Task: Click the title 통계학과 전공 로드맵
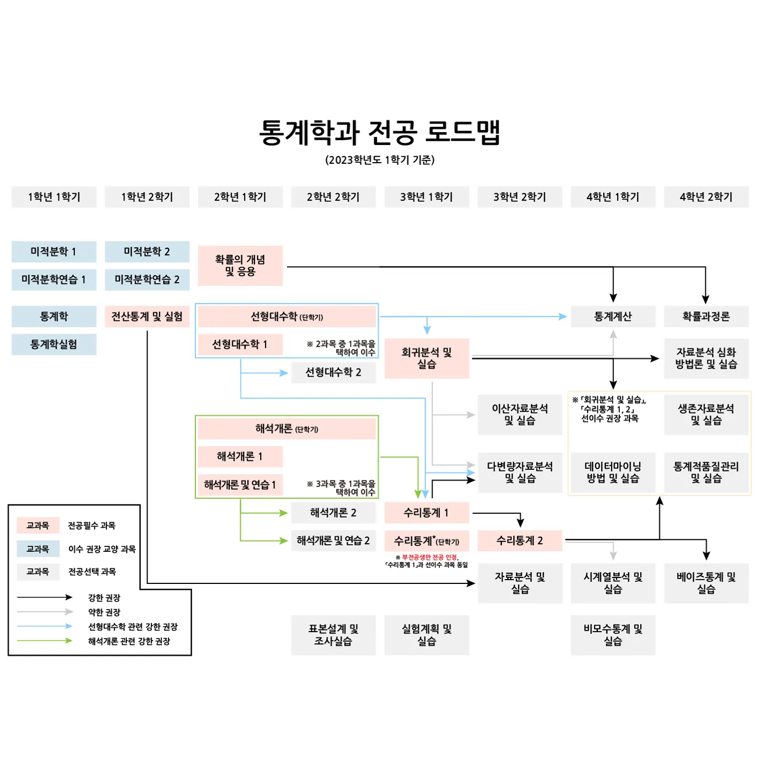click(x=379, y=132)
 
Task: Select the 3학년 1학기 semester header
click(x=427, y=197)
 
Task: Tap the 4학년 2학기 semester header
click(x=706, y=197)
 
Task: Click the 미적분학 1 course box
click(x=54, y=252)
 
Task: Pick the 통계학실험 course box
click(x=54, y=344)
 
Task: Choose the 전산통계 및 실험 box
click(x=147, y=316)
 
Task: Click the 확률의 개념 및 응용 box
click(x=240, y=265)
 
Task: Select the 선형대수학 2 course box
click(x=333, y=372)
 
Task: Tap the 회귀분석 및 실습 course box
click(x=427, y=358)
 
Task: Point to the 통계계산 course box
click(x=613, y=316)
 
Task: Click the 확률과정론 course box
click(x=706, y=316)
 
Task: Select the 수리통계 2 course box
click(x=519, y=541)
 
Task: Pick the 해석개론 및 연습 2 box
click(x=333, y=541)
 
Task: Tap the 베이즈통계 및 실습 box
click(x=706, y=583)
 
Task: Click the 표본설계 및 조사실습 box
click(x=333, y=635)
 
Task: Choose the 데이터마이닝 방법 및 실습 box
click(x=613, y=472)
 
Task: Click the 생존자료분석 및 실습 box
click(x=706, y=414)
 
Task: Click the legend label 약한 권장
click(x=104, y=612)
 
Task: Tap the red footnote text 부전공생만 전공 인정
click(x=429, y=557)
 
